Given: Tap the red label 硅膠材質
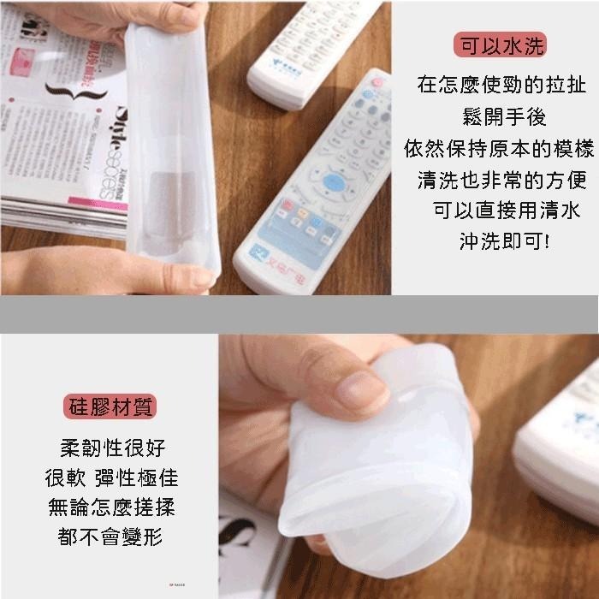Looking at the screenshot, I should (111, 406).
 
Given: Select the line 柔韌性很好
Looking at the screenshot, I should (111, 448).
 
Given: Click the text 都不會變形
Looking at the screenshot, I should (111, 537).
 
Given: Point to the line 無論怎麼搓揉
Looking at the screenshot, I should (111, 507).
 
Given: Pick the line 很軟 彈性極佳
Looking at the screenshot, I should (111, 477).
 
